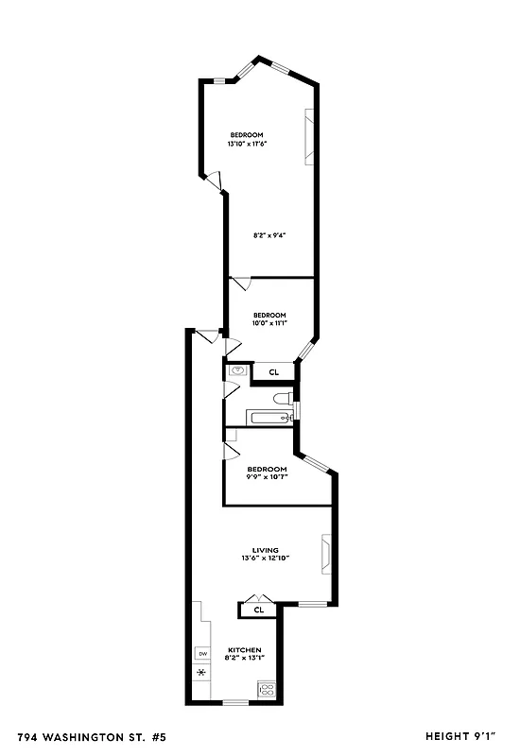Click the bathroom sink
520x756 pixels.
237,371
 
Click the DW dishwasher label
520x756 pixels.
201,653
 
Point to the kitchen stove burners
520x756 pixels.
267,690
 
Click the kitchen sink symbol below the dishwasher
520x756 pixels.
201,673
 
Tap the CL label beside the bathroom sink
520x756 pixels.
273,372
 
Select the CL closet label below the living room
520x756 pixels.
257,610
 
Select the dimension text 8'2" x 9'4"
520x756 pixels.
269,234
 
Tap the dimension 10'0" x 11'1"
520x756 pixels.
269,323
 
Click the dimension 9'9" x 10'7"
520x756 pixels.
267,477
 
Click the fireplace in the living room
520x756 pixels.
326,556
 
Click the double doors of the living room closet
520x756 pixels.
255,597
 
